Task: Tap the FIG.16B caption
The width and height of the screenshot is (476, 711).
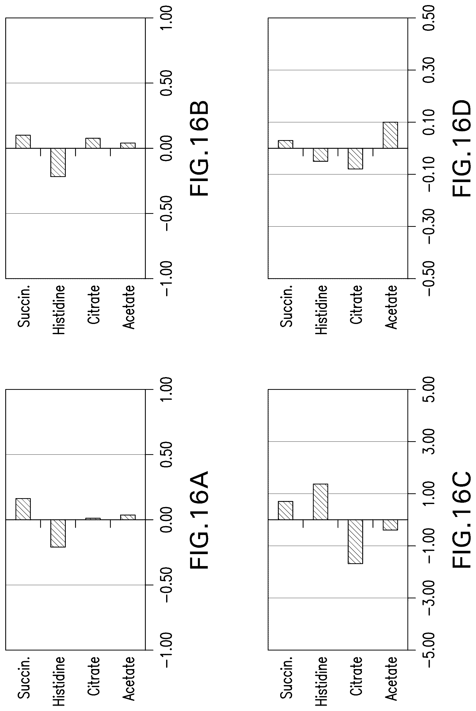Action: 199,148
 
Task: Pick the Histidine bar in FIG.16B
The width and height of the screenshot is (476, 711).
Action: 58,162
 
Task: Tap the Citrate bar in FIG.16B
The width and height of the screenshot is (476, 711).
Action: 93,143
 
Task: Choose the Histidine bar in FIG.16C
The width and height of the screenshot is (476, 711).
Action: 320,502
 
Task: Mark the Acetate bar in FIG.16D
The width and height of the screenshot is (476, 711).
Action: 390,135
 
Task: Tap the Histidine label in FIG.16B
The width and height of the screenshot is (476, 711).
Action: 59,310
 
